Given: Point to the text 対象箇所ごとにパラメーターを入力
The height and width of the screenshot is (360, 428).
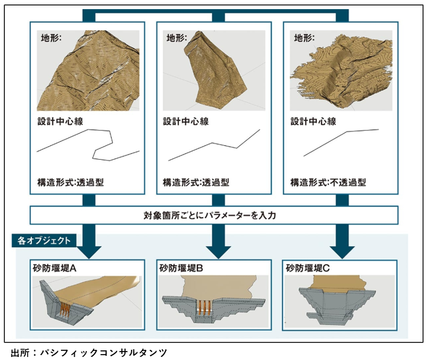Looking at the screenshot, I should point(214,215).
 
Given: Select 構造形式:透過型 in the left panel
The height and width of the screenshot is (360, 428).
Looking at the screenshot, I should point(71,182).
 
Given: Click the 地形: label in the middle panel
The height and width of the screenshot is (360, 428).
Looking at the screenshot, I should point(176,37).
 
